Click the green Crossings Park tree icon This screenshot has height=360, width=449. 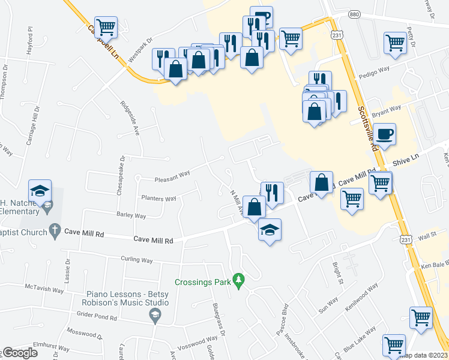pos(240,280)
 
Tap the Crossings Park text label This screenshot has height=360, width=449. pos(203,281)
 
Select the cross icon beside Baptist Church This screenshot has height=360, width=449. pos(54,230)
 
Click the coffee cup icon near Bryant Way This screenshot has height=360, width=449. pos(384,134)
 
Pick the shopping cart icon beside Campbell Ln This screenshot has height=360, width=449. pos(106,26)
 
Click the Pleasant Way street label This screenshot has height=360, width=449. pos(172,176)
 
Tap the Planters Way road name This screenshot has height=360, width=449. pos(158,198)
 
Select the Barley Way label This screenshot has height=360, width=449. pos(131,215)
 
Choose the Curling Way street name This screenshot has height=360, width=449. pos(136,260)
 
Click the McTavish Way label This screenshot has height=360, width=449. pos(44,289)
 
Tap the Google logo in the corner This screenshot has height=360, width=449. pos(19,353)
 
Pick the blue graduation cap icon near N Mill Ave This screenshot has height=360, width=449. pos(270,229)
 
